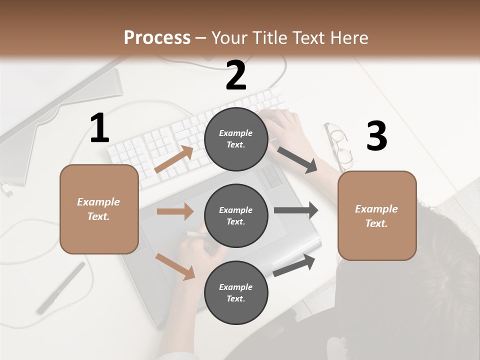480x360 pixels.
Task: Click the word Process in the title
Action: click(157, 37)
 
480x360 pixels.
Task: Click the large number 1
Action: click(99, 128)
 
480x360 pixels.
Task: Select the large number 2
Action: click(236, 75)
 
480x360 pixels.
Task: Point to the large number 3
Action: click(376, 136)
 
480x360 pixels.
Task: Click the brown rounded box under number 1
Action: click(99, 209)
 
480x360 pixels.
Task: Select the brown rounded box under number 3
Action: click(377, 215)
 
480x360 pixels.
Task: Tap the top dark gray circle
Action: click(236, 139)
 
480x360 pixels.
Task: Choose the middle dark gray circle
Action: click(236, 215)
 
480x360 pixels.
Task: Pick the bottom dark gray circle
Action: click(236, 292)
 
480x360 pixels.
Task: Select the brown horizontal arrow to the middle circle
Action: click(175, 211)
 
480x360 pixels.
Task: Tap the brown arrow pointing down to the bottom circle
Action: click(175, 266)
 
